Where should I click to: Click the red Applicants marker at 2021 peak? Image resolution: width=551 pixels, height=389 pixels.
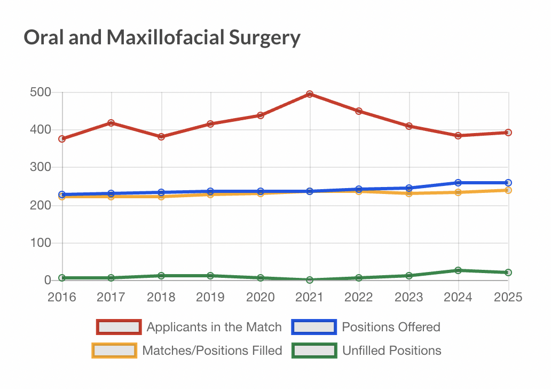pyautogui.click(x=310, y=94)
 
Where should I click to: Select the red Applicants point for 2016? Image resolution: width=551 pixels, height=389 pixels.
pyautogui.click(x=62, y=139)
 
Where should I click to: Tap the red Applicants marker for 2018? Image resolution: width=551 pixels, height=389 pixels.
pyautogui.click(x=161, y=137)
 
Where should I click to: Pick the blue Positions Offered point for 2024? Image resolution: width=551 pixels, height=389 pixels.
pyautogui.click(x=459, y=183)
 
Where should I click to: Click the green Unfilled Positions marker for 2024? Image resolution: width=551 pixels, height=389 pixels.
pyautogui.click(x=459, y=270)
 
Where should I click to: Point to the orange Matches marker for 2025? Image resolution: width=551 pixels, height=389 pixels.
pyautogui.click(x=508, y=190)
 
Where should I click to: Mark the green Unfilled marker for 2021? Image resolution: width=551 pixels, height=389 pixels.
pyautogui.click(x=310, y=280)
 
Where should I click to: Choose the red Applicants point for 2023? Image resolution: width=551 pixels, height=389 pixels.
pyautogui.click(x=409, y=126)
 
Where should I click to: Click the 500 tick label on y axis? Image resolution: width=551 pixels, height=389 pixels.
pyautogui.click(x=41, y=92)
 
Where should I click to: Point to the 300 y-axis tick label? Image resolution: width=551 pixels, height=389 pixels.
pyautogui.click(x=41, y=168)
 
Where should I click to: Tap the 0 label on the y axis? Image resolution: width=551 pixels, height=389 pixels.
pyautogui.click(x=47, y=281)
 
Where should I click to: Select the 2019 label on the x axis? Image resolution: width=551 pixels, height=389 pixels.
pyautogui.click(x=210, y=297)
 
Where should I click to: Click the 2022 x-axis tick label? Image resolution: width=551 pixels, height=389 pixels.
pyautogui.click(x=359, y=297)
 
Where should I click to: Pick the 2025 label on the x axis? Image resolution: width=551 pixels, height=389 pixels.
pyautogui.click(x=508, y=297)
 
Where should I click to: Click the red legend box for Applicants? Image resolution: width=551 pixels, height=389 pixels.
pyautogui.click(x=119, y=326)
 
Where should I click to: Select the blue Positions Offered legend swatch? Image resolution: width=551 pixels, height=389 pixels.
pyautogui.click(x=313, y=326)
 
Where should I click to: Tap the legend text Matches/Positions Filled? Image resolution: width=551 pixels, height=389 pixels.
pyautogui.click(x=212, y=351)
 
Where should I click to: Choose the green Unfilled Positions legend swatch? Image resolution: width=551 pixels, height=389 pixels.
pyautogui.click(x=314, y=351)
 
